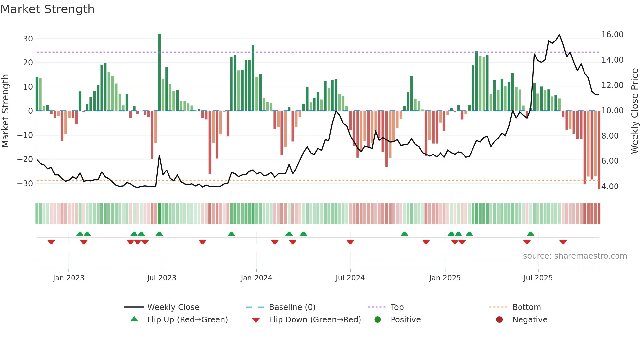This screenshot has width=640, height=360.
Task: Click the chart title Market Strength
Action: click(47, 9)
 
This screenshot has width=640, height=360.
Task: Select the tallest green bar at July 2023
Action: click(159, 72)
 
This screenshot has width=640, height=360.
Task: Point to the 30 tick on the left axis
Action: click(28, 39)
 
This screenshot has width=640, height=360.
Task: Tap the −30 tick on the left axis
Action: click(25, 184)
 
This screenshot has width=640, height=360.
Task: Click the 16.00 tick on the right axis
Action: click(612, 35)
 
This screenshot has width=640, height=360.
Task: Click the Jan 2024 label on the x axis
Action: click(256, 278)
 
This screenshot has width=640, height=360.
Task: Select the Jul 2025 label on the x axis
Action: click(538, 278)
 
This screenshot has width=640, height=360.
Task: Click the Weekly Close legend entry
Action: click(173, 307)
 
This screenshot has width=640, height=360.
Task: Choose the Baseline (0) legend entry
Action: click(292, 307)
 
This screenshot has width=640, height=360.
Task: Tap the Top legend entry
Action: click(397, 307)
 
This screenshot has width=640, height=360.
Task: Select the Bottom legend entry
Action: click(526, 307)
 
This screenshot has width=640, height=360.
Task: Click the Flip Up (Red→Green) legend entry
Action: click(187, 320)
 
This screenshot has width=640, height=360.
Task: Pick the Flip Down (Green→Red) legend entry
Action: click(315, 320)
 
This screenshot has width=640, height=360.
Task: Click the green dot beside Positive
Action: click(378, 320)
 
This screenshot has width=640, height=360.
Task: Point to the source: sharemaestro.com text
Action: click(575, 256)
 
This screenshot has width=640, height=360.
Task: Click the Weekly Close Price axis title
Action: click(634, 111)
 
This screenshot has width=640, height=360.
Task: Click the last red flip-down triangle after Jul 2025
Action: click(563, 242)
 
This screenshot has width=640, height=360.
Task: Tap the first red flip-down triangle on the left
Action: click(51, 242)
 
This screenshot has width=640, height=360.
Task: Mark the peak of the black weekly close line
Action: click(559, 35)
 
